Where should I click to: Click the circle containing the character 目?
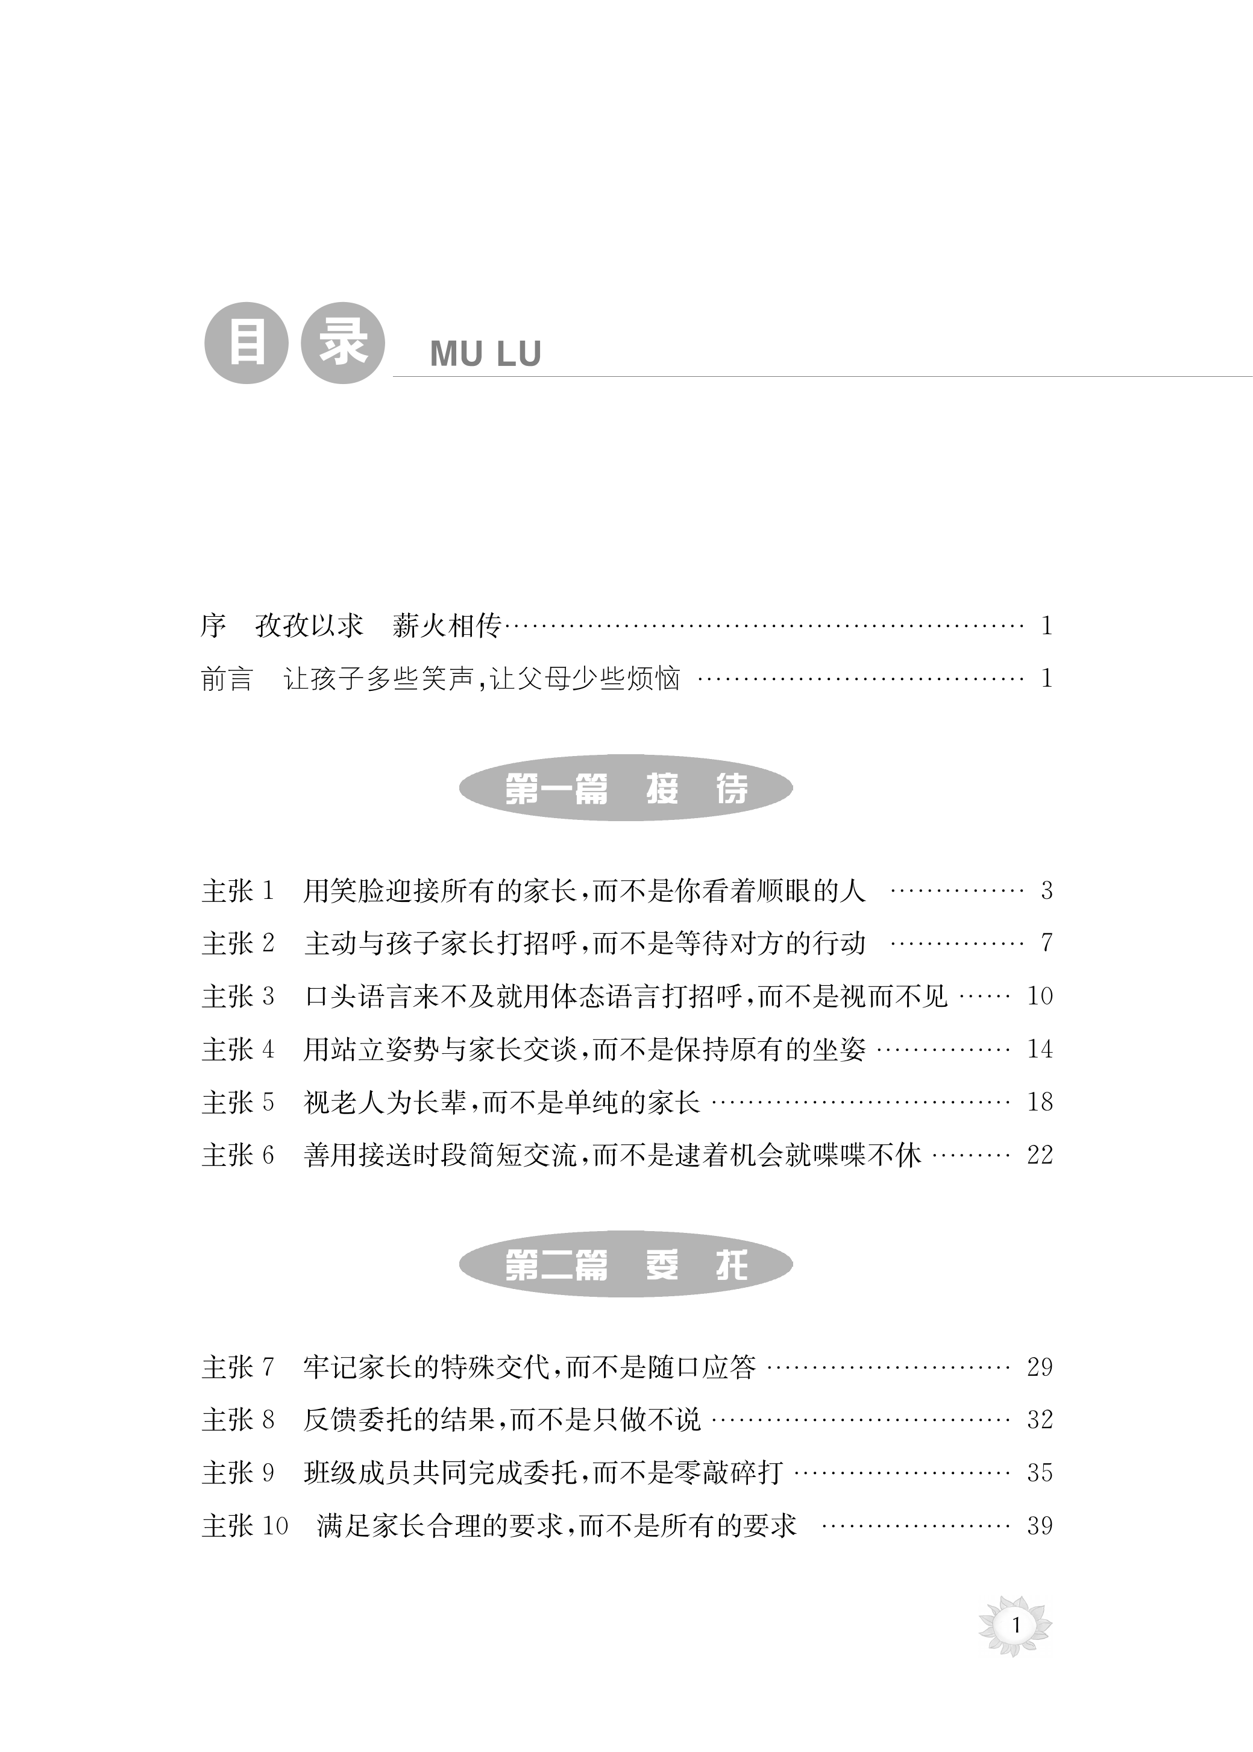click(x=246, y=342)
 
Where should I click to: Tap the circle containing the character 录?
click(x=342, y=342)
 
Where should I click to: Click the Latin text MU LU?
click(x=485, y=354)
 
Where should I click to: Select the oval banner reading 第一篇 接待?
click(x=626, y=788)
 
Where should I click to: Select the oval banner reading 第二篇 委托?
click(x=626, y=1264)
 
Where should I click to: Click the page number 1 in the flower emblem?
click(x=1016, y=1625)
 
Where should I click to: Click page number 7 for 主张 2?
click(x=1046, y=943)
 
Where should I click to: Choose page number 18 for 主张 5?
click(x=1039, y=1102)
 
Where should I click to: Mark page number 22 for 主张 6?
click(x=1039, y=1155)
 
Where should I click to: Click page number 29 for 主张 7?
click(x=1039, y=1367)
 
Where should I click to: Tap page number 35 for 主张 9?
click(x=1039, y=1473)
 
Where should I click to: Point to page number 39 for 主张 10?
click(x=1039, y=1526)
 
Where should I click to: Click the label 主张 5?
click(x=237, y=1102)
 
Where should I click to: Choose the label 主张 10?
click(x=245, y=1526)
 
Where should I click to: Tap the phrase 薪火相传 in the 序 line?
click(x=447, y=626)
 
